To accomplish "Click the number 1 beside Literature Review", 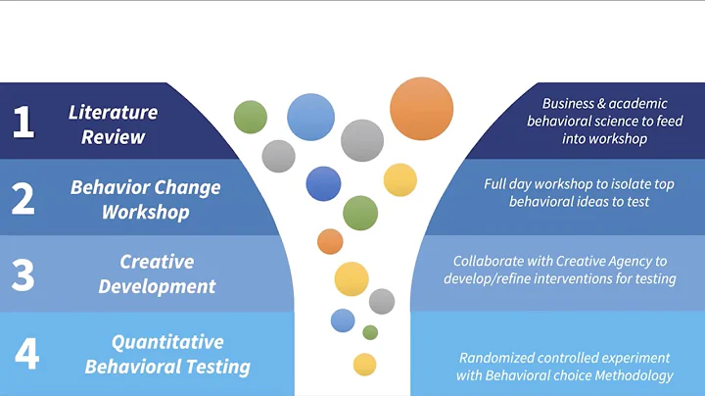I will (x=23, y=122).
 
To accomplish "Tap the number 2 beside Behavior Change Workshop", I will (x=23, y=198).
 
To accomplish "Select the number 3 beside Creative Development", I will (x=23, y=274).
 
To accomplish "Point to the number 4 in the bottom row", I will (x=26, y=353).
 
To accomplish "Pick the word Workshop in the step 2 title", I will (x=146, y=211).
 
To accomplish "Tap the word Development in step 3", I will (x=157, y=287).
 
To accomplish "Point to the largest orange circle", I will (x=421, y=109).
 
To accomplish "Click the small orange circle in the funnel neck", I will (x=330, y=241).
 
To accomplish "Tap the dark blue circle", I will (x=323, y=183).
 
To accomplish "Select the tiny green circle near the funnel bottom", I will (x=370, y=332).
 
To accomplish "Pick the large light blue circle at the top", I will (x=310, y=118).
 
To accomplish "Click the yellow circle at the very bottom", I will (x=364, y=365).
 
